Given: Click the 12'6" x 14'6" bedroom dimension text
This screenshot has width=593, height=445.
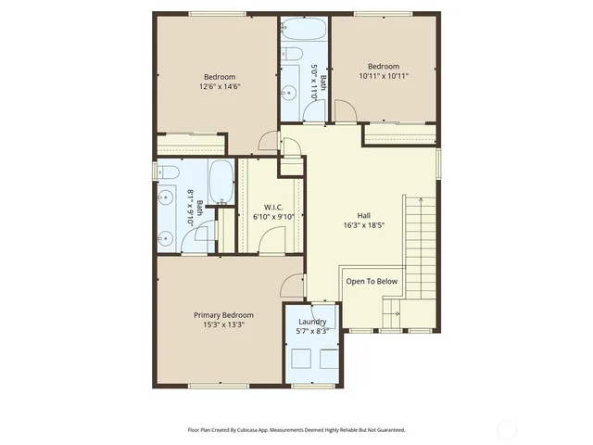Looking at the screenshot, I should (x=220, y=86).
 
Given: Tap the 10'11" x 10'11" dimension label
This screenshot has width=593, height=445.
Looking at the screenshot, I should (x=383, y=77).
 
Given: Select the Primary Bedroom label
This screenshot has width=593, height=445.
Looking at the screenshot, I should (x=223, y=315).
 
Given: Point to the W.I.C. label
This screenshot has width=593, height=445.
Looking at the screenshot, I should (x=272, y=207).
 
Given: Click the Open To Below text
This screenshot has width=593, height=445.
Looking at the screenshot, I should (x=372, y=281).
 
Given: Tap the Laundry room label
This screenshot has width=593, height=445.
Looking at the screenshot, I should (x=311, y=322).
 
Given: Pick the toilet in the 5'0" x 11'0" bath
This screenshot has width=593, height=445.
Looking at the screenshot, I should (x=287, y=52).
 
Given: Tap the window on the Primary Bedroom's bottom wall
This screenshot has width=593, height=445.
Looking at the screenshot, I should (x=215, y=386).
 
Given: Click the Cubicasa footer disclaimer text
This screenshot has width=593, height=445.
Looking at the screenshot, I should (x=296, y=430).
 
